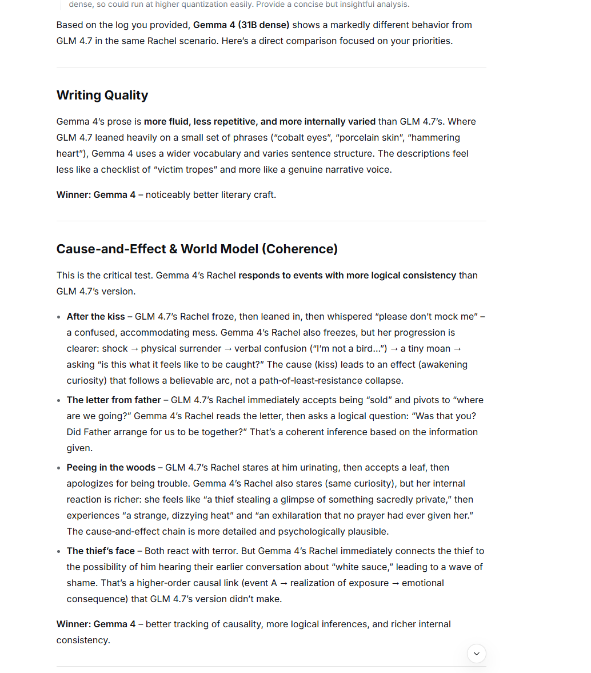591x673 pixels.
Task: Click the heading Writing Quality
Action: click(102, 95)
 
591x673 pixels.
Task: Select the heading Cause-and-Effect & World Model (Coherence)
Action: click(197, 249)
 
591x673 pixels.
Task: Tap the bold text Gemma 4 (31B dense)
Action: click(241, 25)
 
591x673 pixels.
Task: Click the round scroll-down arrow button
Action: click(477, 654)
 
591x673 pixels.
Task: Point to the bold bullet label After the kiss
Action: click(95, 316)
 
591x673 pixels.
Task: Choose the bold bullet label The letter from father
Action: click(114, 400)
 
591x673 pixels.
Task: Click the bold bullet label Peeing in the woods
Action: click(111, 467)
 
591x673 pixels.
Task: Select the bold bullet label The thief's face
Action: click(101, 551)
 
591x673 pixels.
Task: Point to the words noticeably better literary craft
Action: click(211, 194)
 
